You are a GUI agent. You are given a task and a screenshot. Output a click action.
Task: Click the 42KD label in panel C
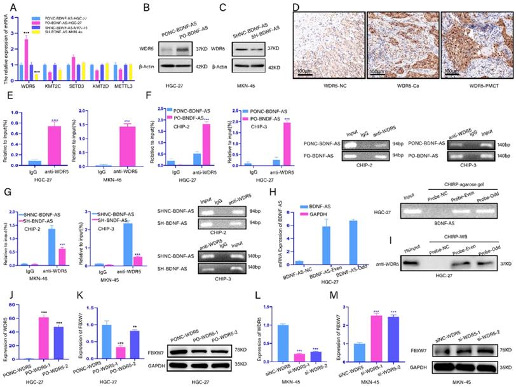(x=274, y=67)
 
